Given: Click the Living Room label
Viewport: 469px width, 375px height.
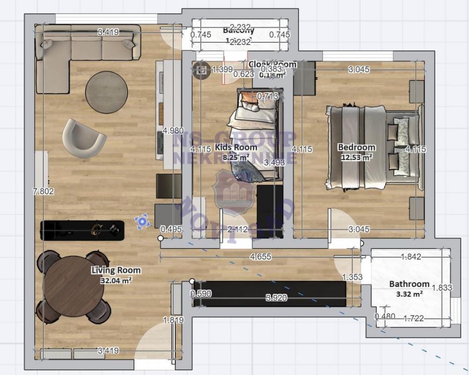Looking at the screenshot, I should coord(116,270).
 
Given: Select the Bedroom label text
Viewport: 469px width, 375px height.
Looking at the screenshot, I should coord(356,147).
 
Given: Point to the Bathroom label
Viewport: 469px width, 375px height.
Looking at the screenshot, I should coord(409,284).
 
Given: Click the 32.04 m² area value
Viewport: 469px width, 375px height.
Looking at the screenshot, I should coord(116,280).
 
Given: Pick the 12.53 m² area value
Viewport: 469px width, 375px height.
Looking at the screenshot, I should coord(356,157).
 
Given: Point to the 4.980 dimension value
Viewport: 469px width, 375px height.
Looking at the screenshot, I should coord(173,130).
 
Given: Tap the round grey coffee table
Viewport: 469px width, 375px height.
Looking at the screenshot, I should coord(106,92).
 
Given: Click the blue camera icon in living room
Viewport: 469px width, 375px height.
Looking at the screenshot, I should coord(142,222).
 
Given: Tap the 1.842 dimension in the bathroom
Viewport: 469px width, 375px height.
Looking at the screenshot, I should coord(411,256).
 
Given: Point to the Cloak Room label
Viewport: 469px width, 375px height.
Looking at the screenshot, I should coord(272,64).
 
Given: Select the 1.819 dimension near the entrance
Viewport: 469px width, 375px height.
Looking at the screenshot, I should coord(173,320).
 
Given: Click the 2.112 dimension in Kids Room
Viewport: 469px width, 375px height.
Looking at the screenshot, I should coord(238,229).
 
